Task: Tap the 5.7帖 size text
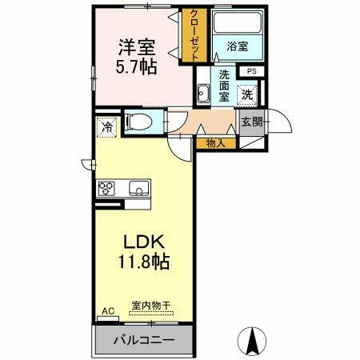pyautogui.click(x=138, y=68)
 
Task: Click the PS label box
pyautogui.click(x=251, y=72)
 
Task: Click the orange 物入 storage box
pyautogui.click(x=215, y=143)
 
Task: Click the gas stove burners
pyautogui.click(x=107, y=189)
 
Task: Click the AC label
pyautogui.click(x=107, y=310)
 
